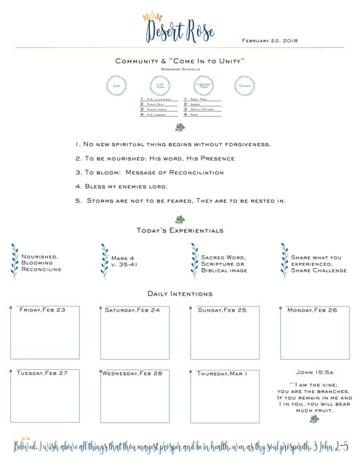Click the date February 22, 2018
269,41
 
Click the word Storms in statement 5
101,200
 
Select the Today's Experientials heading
180,230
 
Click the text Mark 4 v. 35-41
124,261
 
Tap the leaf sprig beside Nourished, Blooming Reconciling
15,261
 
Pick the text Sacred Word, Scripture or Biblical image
224,263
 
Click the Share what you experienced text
316,260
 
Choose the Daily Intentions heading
180,294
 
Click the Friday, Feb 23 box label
43,310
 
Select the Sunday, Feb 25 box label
223,310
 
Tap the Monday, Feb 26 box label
313,310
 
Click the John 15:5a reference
314,372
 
